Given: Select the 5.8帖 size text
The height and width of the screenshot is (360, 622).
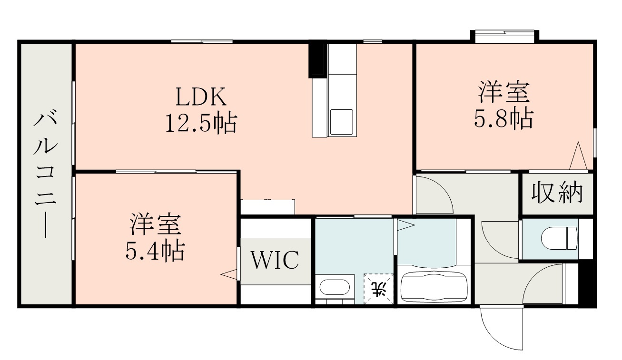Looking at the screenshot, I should (x=503, y=119).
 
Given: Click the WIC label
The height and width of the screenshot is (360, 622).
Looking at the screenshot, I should (x=275, y=260).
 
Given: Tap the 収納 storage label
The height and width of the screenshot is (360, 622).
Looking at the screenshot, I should (x=557, y=193).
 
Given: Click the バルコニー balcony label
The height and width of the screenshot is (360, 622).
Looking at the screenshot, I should (x=46, y=174).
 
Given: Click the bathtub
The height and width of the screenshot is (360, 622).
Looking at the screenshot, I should (x=434, y=286).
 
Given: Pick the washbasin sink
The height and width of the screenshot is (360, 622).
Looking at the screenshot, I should (x=334, y=287).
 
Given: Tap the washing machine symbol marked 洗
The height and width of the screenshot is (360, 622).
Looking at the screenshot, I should (x=379, y=289).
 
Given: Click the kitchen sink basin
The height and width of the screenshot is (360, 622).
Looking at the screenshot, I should (x=341, y=122).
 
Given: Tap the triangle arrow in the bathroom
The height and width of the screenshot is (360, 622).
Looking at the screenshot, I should (x=405, y=225).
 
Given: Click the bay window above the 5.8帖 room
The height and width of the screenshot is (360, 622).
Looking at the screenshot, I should (x=504, y=36).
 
